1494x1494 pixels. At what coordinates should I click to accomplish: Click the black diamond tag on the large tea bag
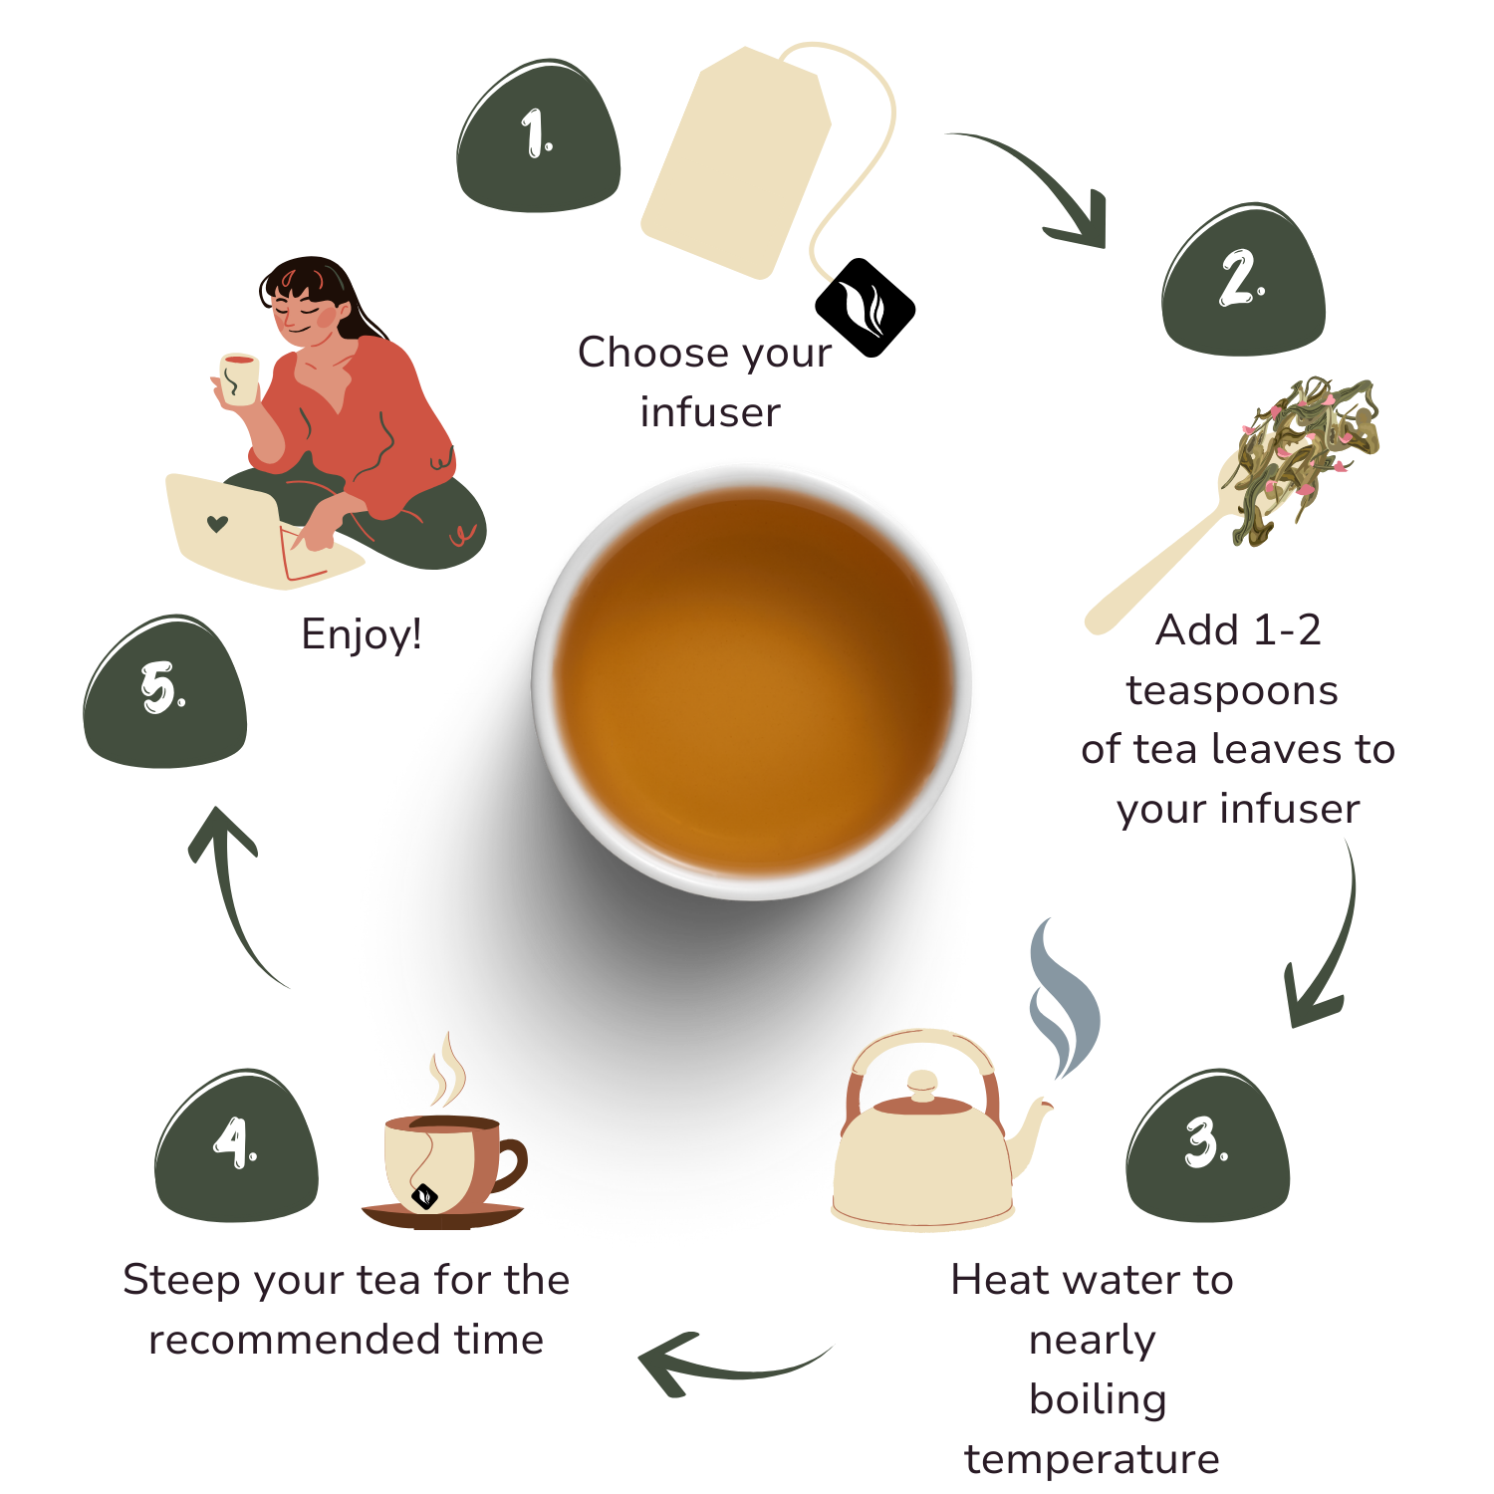pyautogui.click(x=866, y=308)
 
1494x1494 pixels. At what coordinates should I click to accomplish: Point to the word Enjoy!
pyautogui.click(x=362, y=634)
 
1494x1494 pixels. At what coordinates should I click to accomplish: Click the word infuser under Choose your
pyautogui.click(x=710, y=412)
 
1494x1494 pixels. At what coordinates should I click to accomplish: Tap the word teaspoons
pyautogui.click(x=1232, y=691)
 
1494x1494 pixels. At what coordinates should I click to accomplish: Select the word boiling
pyautogui.click(x=1098, y=1400)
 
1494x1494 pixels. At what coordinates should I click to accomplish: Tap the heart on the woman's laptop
pyautogui.click(x=217, y=524)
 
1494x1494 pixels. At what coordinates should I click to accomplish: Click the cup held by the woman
pyautogui.click(x=239, y=379)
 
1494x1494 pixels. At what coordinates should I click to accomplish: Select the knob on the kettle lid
pyautogui.click(x=923, y=1084)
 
